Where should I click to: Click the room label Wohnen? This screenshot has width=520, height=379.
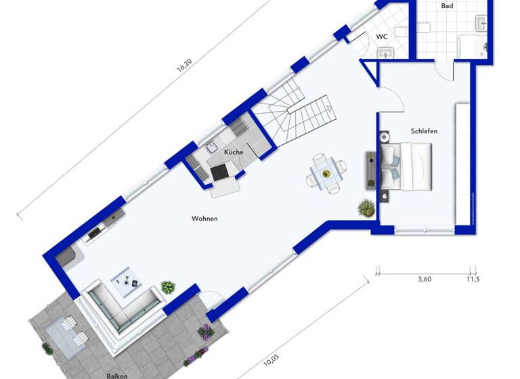pyautogui.click(x=204, y=219)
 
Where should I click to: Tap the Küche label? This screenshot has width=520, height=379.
pyautogui.click(x=234, y=152)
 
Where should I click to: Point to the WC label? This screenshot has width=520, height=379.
pyautogui.click(x=382, y=37)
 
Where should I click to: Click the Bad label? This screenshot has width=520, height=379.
pyautogui.click(x=447, y=6)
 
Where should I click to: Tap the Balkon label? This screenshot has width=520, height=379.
pyautogui.click(x=116, y=374)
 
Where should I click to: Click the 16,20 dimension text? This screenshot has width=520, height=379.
pyautogui.click(x=183, y=66)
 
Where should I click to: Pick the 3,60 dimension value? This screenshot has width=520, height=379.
pyautogui.click(x=425, y=278)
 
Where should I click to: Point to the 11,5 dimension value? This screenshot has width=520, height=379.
pyautogui.click(x=473, y=278)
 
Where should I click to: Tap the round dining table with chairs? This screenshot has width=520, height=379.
pyautogui.click(x=326, y=174)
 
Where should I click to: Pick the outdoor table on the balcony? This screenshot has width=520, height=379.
pyautogui.click(x=66, y=332)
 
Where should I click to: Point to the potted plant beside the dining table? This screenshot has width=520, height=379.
pyautogui.click(x=367, y=206)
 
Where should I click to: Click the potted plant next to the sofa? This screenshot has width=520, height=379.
pyautogui.click(x=168, y=287)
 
